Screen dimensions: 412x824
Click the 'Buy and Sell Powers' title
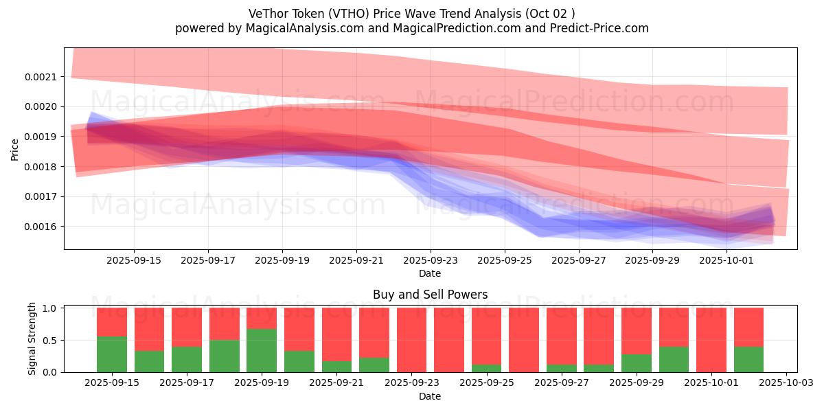pos(430,295)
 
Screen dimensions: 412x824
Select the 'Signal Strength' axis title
pos(32,339)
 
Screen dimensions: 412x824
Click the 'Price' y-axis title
pos(14,148)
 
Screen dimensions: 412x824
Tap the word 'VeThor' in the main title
pos(267,13)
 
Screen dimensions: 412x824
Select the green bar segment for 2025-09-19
pos(262,350)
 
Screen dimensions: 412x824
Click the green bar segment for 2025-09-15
pos(112,354)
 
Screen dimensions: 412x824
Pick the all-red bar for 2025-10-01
pos(711,340)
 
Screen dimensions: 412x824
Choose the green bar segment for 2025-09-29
pos(637,363)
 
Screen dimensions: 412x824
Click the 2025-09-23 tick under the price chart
pos(430,260)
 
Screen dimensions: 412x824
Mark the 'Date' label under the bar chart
pos(430,396)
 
